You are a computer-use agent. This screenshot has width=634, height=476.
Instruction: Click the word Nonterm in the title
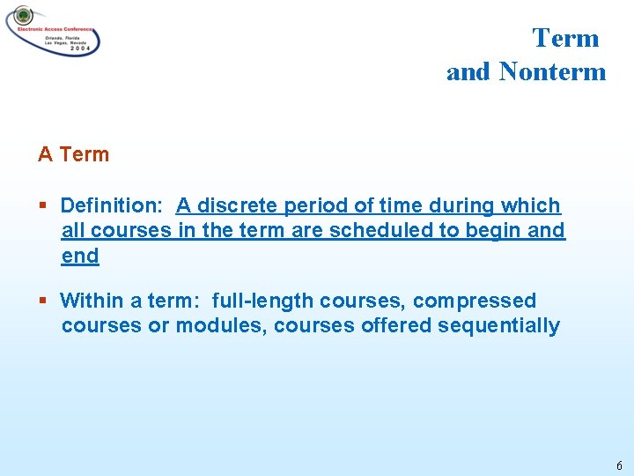[x=553, y=72]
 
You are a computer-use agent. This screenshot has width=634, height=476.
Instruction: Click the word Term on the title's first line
[x=565, y=38]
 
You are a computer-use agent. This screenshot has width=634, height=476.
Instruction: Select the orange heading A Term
[x=74, y=154]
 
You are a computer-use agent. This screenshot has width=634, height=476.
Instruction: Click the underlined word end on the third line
[x=80, y=257]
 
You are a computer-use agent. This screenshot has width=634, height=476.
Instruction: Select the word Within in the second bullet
[x=92, y=301]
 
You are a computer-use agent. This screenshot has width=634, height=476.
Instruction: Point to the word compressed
[x=475, y=301]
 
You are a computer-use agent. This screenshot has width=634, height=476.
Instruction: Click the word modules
[x=222, y=326]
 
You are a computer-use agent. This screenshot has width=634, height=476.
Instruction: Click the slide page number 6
[x=619, y=465]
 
